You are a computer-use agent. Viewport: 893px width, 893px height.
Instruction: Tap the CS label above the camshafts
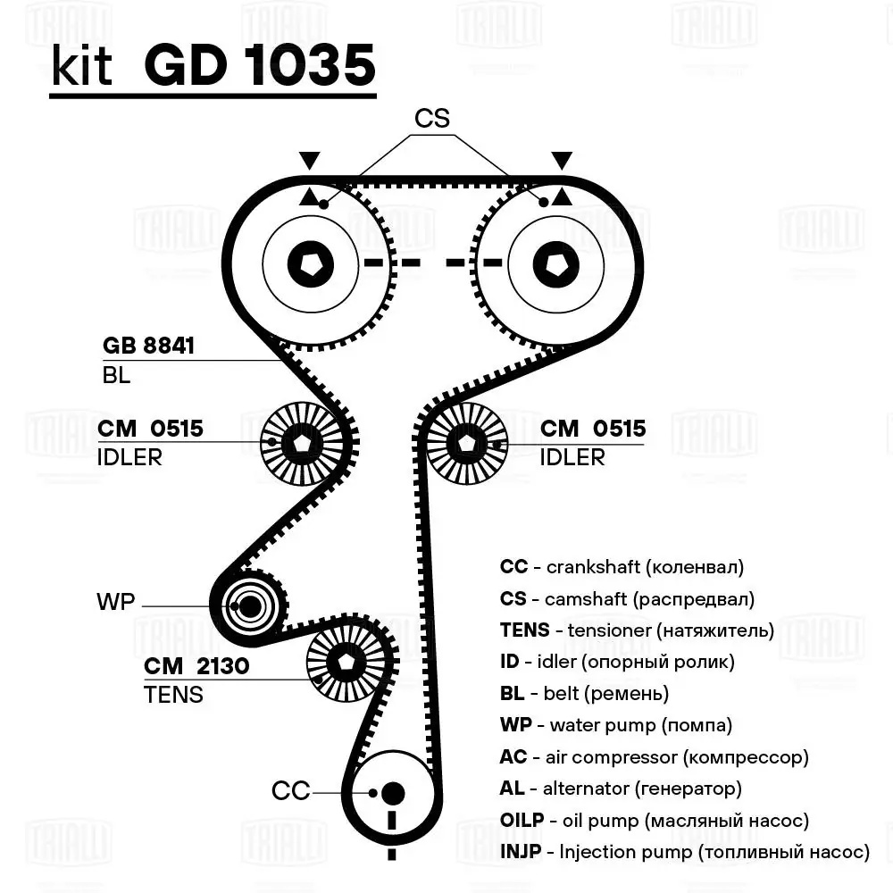(431, 118)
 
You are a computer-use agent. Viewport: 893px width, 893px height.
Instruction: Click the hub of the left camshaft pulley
(311, 263)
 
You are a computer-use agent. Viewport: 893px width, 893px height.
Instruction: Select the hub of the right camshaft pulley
(555, 263)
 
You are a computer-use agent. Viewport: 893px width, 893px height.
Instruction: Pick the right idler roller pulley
(465, 442)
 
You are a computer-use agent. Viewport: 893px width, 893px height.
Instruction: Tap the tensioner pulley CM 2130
(345, 662)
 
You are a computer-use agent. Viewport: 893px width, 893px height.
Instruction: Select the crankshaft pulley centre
(392, 793)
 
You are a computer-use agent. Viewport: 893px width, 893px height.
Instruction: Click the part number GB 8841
(148, 346)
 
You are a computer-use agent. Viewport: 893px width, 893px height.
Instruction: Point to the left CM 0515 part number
(150, 429)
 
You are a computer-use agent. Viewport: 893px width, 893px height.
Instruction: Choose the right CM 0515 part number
(593, 429)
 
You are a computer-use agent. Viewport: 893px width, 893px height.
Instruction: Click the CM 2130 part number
(196, 665)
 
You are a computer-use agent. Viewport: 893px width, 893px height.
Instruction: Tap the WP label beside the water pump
(115, 603)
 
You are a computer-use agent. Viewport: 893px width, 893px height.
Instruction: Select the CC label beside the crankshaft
(290, 790)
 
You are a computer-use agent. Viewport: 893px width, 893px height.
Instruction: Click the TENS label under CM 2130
(173, 694)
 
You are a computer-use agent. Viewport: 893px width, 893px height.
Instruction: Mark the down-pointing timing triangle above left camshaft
(309, 162)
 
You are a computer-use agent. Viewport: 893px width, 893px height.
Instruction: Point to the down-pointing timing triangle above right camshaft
(562, 162)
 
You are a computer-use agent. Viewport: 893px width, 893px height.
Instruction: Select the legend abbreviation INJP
(520, 851)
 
